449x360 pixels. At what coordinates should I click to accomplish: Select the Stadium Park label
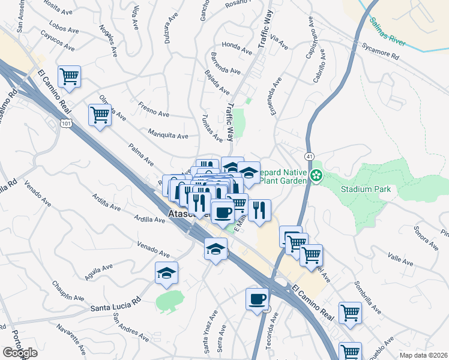point(366,189)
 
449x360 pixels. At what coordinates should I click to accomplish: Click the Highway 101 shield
point(65,123)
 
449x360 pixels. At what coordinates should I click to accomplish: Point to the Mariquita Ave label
point(168,135)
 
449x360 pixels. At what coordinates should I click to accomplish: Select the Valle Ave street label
point(400,259)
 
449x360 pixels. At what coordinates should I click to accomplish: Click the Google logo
point(20,353)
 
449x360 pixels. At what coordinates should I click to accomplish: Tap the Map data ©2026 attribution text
point(424,355)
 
